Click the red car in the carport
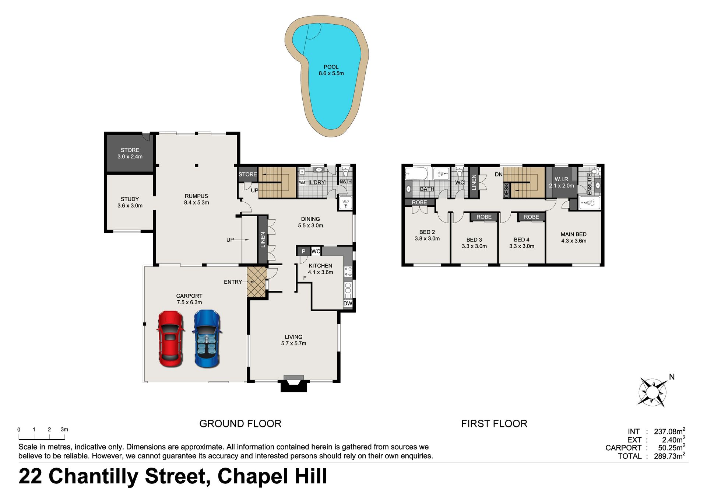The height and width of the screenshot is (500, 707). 170,339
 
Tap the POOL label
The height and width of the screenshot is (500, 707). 331,67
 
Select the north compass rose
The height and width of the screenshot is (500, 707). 653,392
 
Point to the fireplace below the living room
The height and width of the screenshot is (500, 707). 294,384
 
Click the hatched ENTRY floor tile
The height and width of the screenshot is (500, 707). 256,282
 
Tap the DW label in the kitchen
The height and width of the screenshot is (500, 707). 348,304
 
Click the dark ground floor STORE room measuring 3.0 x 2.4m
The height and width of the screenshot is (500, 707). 130,153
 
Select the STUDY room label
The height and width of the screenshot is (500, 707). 130,199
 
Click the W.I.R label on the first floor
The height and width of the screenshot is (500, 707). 562,179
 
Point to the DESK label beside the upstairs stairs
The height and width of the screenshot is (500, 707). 506,190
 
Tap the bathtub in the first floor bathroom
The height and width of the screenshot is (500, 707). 416,174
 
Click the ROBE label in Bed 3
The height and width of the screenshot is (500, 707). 484,217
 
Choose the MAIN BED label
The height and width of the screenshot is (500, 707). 573,234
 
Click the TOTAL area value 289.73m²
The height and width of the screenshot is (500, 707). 669,456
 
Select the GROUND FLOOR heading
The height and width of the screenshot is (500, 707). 240,424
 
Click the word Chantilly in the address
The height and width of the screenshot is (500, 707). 94,477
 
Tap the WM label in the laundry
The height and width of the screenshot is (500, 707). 302,182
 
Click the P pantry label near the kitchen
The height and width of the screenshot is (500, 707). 303,251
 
